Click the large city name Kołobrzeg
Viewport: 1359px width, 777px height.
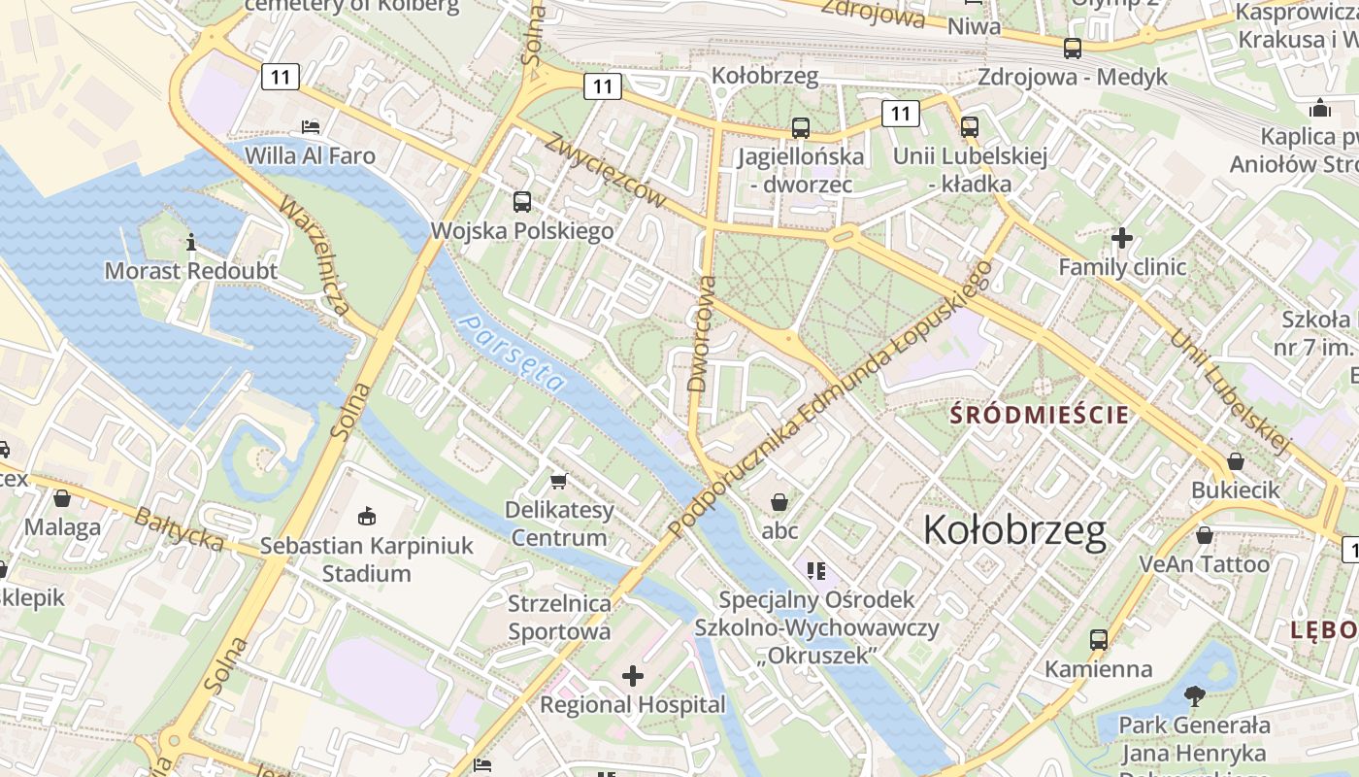point(1014,530)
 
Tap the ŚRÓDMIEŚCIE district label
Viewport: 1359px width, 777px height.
point(1040,416)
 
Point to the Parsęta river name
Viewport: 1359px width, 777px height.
point(512,352)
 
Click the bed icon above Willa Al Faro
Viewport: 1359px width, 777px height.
point(310,127)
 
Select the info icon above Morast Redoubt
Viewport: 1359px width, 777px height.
point(191,242)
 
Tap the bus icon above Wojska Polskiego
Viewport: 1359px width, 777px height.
point(522,202)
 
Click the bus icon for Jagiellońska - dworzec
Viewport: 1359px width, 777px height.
point(800,128)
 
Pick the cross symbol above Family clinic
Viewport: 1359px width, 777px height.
point(1122,238)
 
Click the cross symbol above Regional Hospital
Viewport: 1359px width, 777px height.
point(633,676)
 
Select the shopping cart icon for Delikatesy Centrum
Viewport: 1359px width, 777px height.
point(558,482)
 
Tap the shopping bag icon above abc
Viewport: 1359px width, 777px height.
point(779,502)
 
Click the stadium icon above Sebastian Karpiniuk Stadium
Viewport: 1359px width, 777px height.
point(366,516)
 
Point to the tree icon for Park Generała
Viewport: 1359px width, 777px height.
point(1194,695)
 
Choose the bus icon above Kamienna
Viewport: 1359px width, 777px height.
point(1098,640)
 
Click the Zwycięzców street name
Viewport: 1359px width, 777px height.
point(606,170)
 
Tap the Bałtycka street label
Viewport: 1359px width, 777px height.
point(179,529)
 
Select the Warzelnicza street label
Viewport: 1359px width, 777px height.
point(314,257)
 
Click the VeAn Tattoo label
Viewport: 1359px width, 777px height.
point(1204,564)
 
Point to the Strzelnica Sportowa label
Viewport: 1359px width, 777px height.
point(560,618)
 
